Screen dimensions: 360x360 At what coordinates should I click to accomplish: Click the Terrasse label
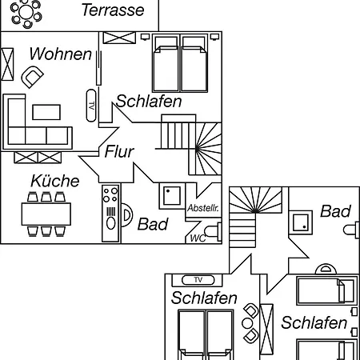click(113, 10)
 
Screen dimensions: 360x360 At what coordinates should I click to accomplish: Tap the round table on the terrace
click(26, 12)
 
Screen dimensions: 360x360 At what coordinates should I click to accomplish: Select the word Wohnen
click(61, 54)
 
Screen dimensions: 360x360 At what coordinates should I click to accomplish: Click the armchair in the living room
click(32, 77)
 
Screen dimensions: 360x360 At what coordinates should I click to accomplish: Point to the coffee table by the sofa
click(46, 112)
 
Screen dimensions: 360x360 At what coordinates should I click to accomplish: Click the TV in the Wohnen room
click(91, 106)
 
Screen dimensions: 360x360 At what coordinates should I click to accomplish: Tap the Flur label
click(119, 152)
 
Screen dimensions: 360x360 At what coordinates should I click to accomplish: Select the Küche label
click(55, 181)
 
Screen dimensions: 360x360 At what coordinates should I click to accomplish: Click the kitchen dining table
click(46, 214)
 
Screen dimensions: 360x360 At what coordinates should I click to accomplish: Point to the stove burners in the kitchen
click(110, 195)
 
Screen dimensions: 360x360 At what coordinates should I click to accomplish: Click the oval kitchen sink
click(111, 223)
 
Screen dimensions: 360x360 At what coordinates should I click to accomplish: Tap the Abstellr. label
click(203, 208)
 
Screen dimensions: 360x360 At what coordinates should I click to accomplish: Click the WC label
click(198, 238)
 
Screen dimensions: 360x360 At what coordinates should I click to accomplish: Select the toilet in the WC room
click(213, 231)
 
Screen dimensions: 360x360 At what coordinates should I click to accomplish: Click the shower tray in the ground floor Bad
click(172, 196)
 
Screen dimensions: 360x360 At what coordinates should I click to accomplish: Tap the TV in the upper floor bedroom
click(198, 280)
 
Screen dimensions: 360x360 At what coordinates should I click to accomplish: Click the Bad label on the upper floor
click(335, 211)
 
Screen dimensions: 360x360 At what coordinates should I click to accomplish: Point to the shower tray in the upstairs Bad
click(301, 222)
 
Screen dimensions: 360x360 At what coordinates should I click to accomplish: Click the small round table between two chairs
click(247, 323)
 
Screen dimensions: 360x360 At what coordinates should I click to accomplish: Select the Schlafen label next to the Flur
click(149, 102)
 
